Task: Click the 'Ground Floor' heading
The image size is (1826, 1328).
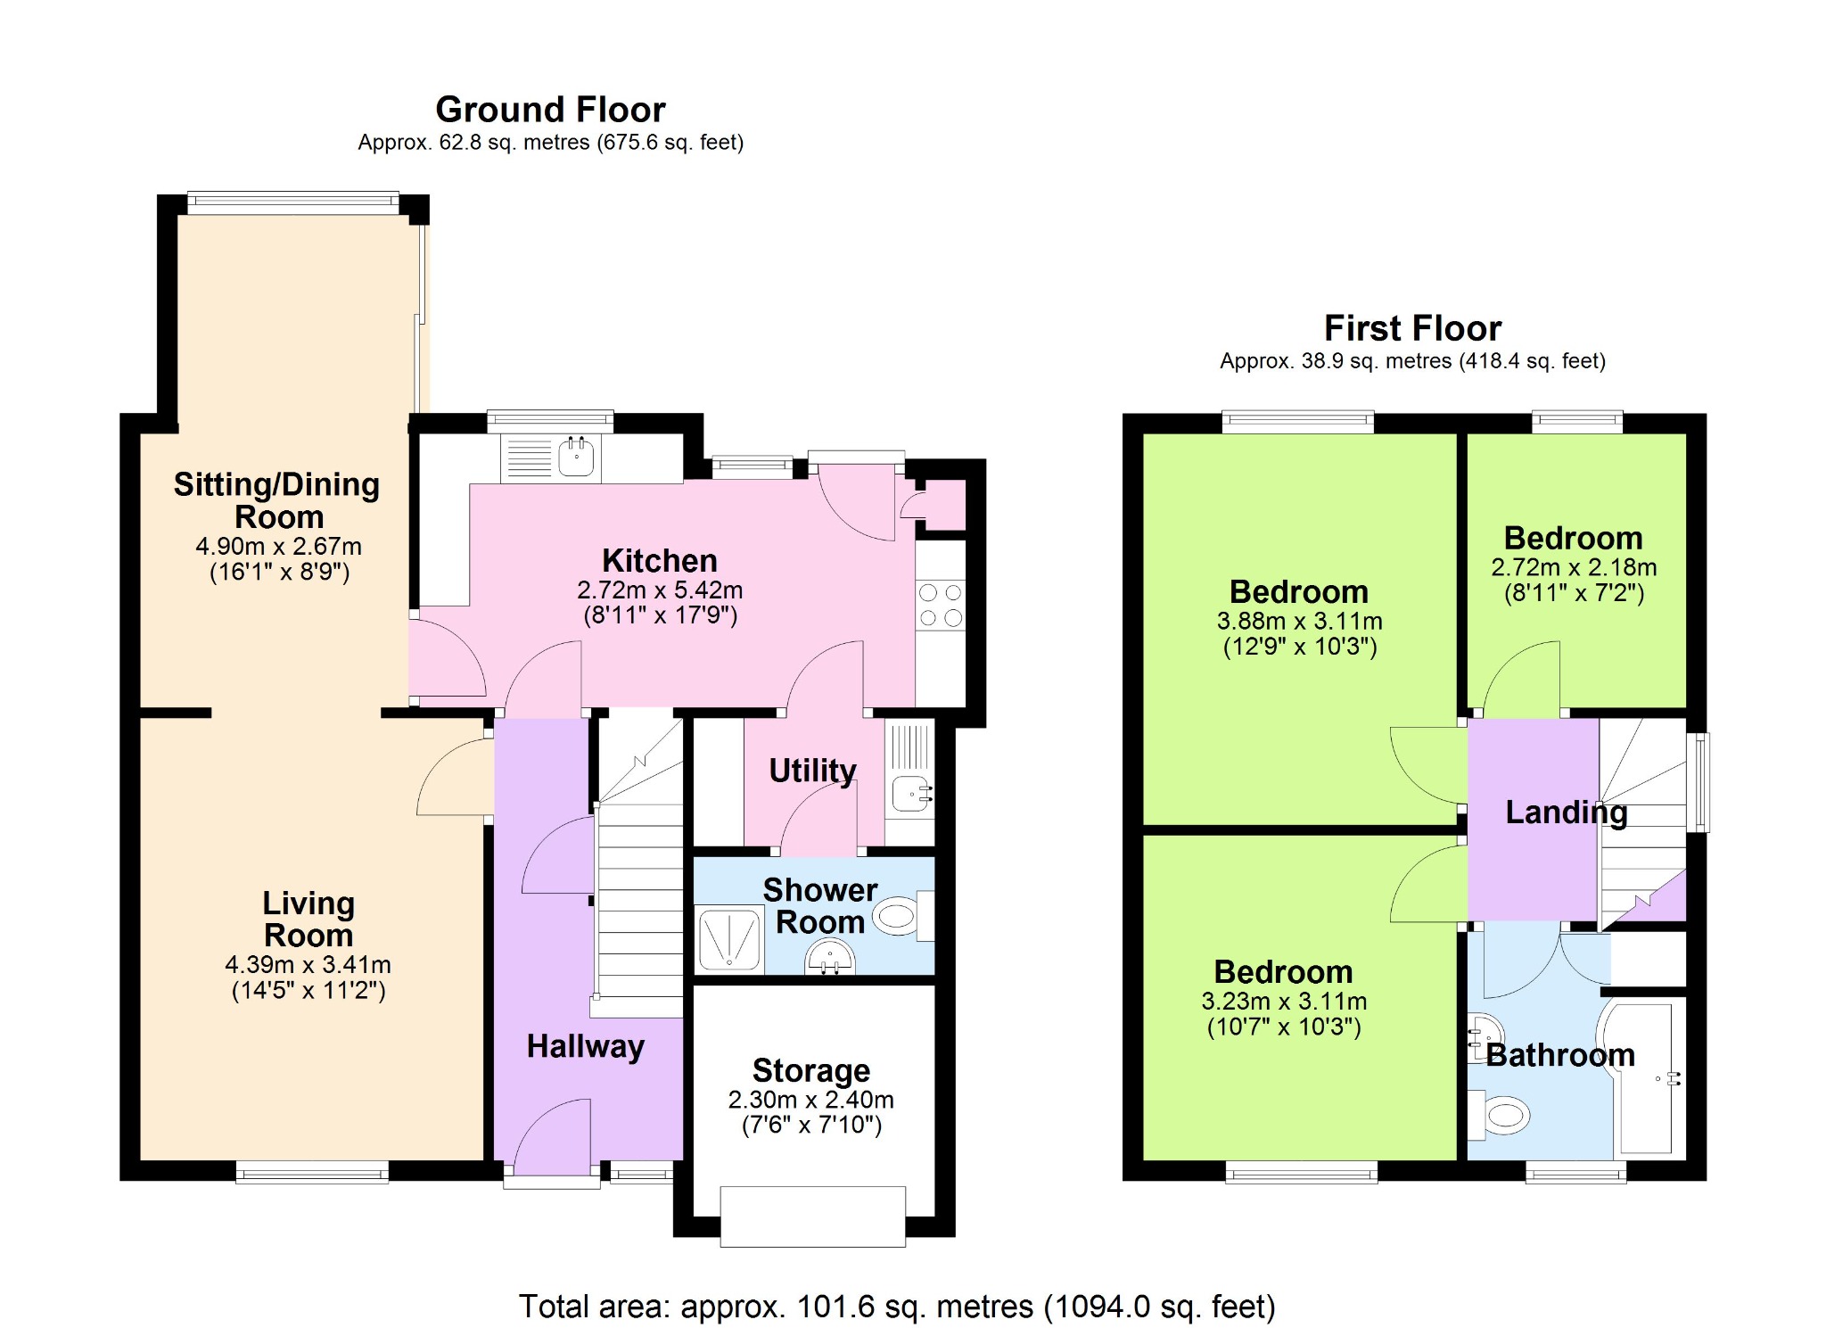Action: click(x=550, y=110)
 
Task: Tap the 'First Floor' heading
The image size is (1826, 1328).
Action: click(x=1412, y=328)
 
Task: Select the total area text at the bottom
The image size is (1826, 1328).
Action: click(x=897, y=1307)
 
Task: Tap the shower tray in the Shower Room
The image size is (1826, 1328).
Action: click(x=729, y=938)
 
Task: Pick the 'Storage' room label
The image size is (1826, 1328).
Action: click(x=811, y=1070)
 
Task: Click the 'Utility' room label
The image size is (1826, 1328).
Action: click(x=812, y=770)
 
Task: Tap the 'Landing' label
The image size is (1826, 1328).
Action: click(x=1567, y=812)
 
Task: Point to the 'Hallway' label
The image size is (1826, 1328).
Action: click(x=586, y=1046)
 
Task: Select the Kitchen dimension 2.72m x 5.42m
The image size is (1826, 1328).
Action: click(x=660, y=590)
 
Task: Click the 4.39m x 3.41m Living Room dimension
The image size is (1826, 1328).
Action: click(x=308, y=965)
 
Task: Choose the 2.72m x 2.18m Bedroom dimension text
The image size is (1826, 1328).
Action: click(x=1574, y=567)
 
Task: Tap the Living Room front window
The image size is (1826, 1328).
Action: click(x=312, y=1172)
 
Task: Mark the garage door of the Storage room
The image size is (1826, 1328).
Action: click(x=813, y=1217)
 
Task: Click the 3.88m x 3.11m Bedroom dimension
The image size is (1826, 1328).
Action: click(x=1300, y=622)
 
